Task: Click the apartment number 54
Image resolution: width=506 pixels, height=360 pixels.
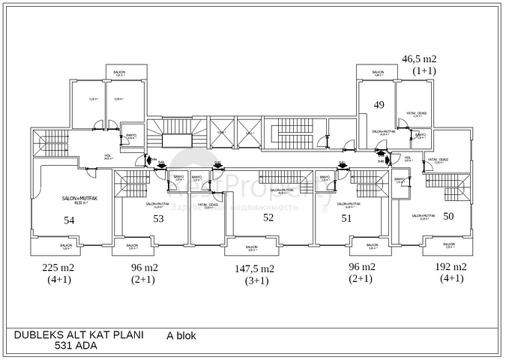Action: point(69,220)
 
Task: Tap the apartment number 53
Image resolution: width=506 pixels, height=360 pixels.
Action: point(158,219)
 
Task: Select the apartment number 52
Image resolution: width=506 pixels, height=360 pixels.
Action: point(268,217)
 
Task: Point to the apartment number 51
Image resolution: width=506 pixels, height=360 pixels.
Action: point(346,218)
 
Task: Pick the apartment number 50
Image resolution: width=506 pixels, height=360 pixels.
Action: point(448,216)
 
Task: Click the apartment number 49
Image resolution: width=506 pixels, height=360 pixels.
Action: point(379,105)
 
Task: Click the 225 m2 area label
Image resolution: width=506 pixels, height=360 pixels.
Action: point(58,268)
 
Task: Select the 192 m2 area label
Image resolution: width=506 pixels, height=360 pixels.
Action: point(451,267)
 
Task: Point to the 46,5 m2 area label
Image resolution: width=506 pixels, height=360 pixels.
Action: point(419,58)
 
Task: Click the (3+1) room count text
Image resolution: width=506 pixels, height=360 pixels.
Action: point(255,281)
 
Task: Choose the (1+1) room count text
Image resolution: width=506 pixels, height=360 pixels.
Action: point(424,70)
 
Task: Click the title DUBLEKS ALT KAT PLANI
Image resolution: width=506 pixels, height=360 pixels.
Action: point(79,335)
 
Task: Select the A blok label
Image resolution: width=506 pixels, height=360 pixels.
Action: point(181,336)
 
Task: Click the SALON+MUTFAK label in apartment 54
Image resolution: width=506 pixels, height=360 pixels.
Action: point(75,199)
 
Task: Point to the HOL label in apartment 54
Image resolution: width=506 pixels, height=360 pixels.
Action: point(108,155)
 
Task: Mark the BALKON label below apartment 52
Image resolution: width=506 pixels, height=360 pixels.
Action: point(252,247)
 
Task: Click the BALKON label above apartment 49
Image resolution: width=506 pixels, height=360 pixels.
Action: point(379,73)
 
